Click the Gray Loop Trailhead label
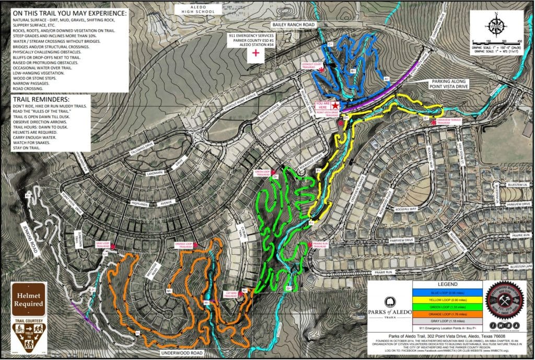[x=102, y=243]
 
